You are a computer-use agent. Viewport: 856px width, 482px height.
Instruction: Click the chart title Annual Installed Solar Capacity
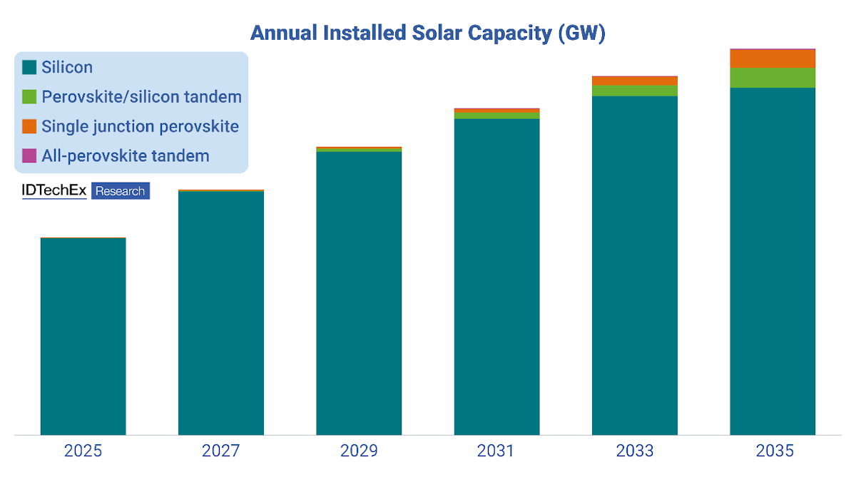pyautogui.click(x=427, y=33)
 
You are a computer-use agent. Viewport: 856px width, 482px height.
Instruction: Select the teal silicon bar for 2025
pyautogui.click(x=83, y=336)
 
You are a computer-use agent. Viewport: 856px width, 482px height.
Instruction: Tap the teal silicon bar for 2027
pyautogui.click(x=221, y=313)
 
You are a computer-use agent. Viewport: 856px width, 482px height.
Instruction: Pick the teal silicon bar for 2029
pyautogui.click(x=359, y=293)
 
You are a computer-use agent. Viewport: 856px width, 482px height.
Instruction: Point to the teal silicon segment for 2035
pyautogui.click(x=773, y=261)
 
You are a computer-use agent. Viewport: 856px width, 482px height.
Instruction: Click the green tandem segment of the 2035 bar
pyautogui.click(x=773, y=78)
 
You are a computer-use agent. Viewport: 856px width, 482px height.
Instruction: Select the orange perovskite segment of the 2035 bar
pyautogui.click(x=773, y=58)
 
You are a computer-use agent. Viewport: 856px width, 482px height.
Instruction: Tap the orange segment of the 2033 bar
pyautogui.click(x=635, y=81)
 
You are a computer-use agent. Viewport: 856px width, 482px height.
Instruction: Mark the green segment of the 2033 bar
pyautogui.click(x=635, y=91)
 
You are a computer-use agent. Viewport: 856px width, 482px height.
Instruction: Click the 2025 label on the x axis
pyautogui.click(x=83, y=451)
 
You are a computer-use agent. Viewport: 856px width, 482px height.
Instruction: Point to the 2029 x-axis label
pyautogui.click(x=359, y=451)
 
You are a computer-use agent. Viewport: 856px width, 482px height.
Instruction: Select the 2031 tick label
pyautogui.click(x=496, y=451)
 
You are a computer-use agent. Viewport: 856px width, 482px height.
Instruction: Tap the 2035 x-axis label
pyautogui.click(x=773, y=451)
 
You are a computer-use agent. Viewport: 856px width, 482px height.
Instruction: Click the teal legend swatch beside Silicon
pyautogui.click(x=29, y=68)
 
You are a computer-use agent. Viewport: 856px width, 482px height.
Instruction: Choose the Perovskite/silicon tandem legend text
pyautogui.click(x=141, y=97)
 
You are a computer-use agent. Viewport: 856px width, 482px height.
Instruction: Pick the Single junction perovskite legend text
pyautogui.click(x=140, y=127)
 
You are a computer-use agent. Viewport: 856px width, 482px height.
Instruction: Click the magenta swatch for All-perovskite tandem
pyautogui.click(x=29, y=155)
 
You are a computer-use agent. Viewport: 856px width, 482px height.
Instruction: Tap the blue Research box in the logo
pyautogui.click(x=121, y=191)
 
